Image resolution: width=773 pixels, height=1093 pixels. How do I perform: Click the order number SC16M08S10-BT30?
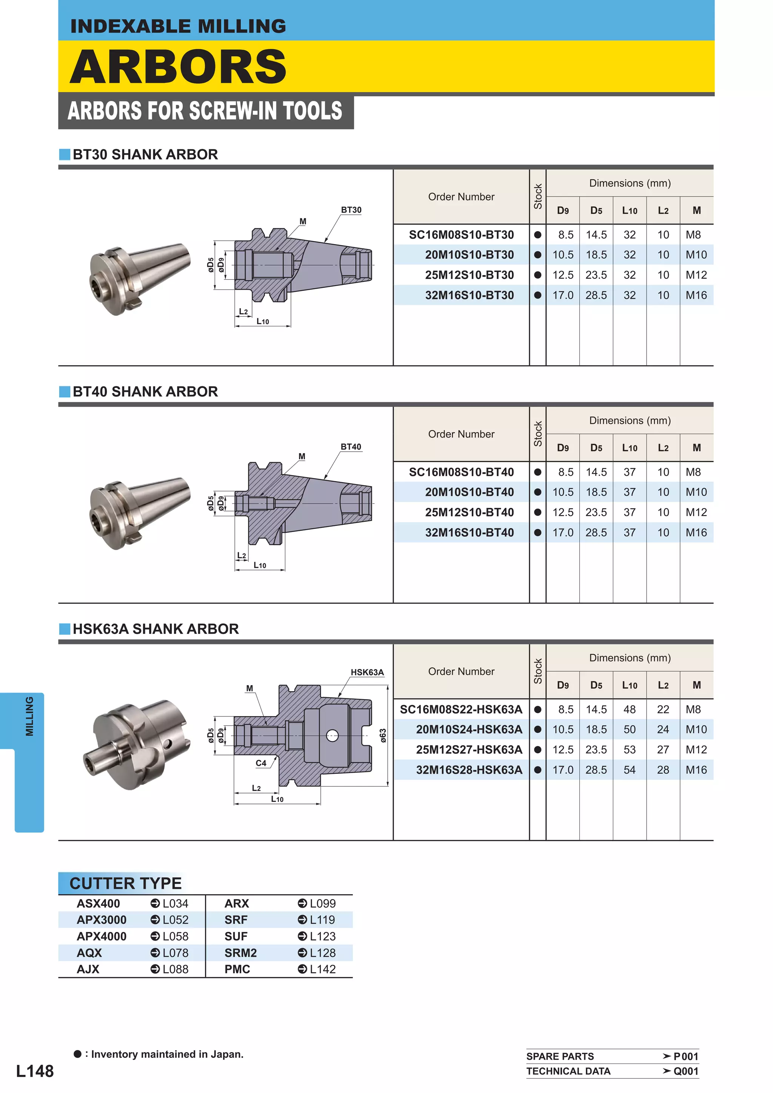coord(461,235)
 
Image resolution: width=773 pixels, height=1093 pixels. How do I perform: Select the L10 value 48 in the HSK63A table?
coord(629,709)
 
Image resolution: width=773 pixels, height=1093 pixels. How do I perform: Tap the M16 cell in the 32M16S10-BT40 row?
coord(696,532)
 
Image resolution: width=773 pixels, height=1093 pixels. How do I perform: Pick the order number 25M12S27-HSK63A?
coord(469,750)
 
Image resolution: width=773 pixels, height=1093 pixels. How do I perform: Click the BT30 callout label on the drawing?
coord(351,210)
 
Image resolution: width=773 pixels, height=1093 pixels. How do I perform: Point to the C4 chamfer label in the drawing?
coord(261,763)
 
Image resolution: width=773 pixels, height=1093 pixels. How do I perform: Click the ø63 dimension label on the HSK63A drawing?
coord(383,735)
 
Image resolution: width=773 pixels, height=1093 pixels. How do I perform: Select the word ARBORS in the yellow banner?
coord(178,67)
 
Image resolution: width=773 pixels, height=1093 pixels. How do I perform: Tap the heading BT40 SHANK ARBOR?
coord(145,391)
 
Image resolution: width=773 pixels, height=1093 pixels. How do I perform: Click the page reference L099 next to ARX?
coord(322,904)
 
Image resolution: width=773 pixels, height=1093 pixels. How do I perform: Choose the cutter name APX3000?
coord(102,920)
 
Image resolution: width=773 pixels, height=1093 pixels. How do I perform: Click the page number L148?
coord(35,1071)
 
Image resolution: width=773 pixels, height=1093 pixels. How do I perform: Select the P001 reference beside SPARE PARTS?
coord(685,1056)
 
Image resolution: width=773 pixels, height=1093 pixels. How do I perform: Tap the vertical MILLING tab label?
coord(29,716)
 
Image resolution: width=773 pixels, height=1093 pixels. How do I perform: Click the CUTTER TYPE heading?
coord(125,884)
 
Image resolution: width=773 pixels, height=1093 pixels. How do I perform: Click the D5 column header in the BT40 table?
coord(596,447)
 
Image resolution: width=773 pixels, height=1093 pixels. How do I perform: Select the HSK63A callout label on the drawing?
coord(367,672)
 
